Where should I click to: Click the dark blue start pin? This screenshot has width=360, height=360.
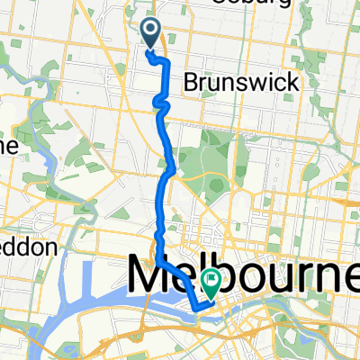pos(149,33)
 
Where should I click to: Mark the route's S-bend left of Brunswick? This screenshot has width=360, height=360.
pos(162,105)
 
